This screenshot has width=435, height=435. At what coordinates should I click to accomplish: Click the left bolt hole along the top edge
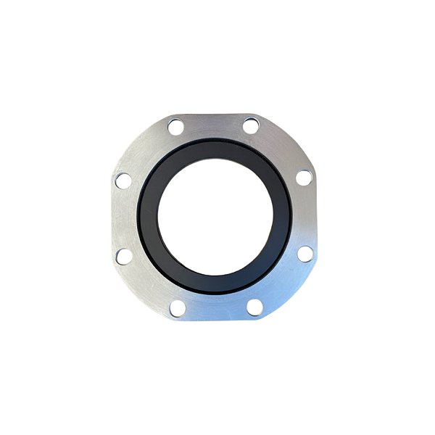pyautogui.click(x=175, y=127)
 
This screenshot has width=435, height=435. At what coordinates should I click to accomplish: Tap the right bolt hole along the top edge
pyautogui.click(x=251, y=125)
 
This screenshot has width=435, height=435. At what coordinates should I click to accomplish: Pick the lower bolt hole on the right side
pyautogui.click(x=305, y=253)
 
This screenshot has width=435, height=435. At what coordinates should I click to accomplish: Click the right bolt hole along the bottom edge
pyautogui.click(x=254, y=307)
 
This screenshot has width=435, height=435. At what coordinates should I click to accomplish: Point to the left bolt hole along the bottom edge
pyautogui.click(x=178, y=309)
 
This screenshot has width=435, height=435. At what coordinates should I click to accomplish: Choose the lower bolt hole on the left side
pyautogui.click(x=124, y=256)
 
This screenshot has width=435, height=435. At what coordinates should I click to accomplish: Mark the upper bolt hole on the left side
pyautogui.click(x=123, y=180)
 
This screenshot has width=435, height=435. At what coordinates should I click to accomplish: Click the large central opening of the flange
pyautogui.click(x=215, y=215)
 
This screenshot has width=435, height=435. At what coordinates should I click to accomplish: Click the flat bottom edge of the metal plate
pyautogui.click(x=216, y=320)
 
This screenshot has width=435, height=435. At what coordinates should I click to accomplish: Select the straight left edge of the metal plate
pyautogui.click(x=111, y=217)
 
